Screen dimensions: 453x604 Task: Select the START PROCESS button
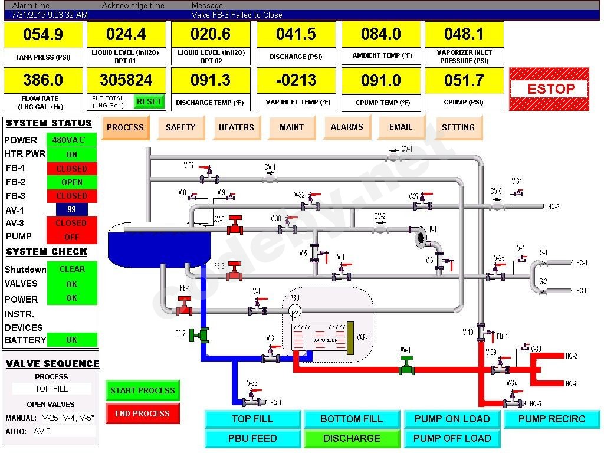[x=142, y=390]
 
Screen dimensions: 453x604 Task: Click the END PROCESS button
[x=142, y=413]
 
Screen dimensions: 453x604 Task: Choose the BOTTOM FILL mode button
[x=352, y=419]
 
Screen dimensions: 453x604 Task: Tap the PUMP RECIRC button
[x=552, y=419]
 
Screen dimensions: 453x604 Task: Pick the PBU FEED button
[x=252, y=438]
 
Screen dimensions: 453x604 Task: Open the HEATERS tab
[x=236, y=127]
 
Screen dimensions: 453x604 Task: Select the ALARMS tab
[x=347, y=127]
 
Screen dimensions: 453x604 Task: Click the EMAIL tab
[x=401, y=127]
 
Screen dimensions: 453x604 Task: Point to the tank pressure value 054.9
[x=43, y=35]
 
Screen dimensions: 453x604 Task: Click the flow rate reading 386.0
[x=43, y=80]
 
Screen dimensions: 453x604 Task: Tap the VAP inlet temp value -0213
[x=296, y=80]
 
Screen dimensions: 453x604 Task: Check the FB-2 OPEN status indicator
[x=72, y=182]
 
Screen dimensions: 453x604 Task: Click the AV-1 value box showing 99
[x=72, y=209]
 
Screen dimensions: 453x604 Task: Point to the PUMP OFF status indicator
[x=72, y=237]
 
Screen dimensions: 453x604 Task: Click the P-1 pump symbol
[x=420, y=237]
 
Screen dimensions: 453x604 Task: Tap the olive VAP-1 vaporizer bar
[x=350, y=338]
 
